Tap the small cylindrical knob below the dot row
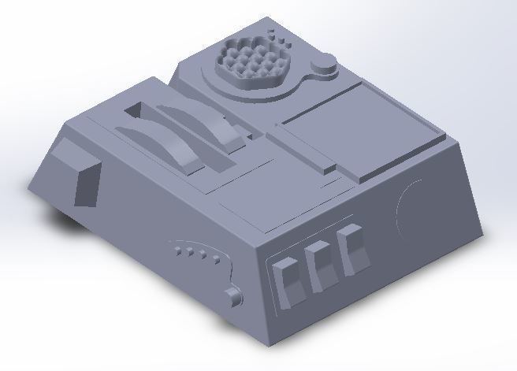pyautogui.click(x=233, y=296)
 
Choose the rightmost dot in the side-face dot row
pyautogui.click(x=215, y=257)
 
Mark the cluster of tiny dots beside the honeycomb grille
pyautogui.click(x=276, y=35)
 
